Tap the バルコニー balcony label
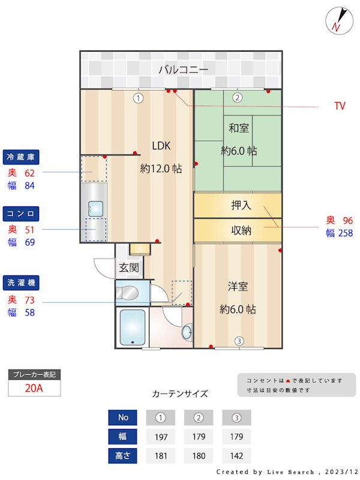(183, 70)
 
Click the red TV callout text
(340, 106)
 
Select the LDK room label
(161, 145)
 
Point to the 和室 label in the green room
(238, 128)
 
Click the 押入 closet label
(241, 205)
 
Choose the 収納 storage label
(241, 230)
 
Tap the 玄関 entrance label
(128, 268)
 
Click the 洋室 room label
(238, 286)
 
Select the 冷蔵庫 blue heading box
(22, 157)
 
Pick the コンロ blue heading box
(22, 214)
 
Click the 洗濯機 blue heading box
(22, 281)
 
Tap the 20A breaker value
(34, 388)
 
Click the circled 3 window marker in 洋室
(239, 341)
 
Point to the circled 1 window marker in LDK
(139, 98)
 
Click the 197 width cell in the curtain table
(161, 436)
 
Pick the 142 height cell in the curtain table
(236, 455)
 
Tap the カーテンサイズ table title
(180, 394)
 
